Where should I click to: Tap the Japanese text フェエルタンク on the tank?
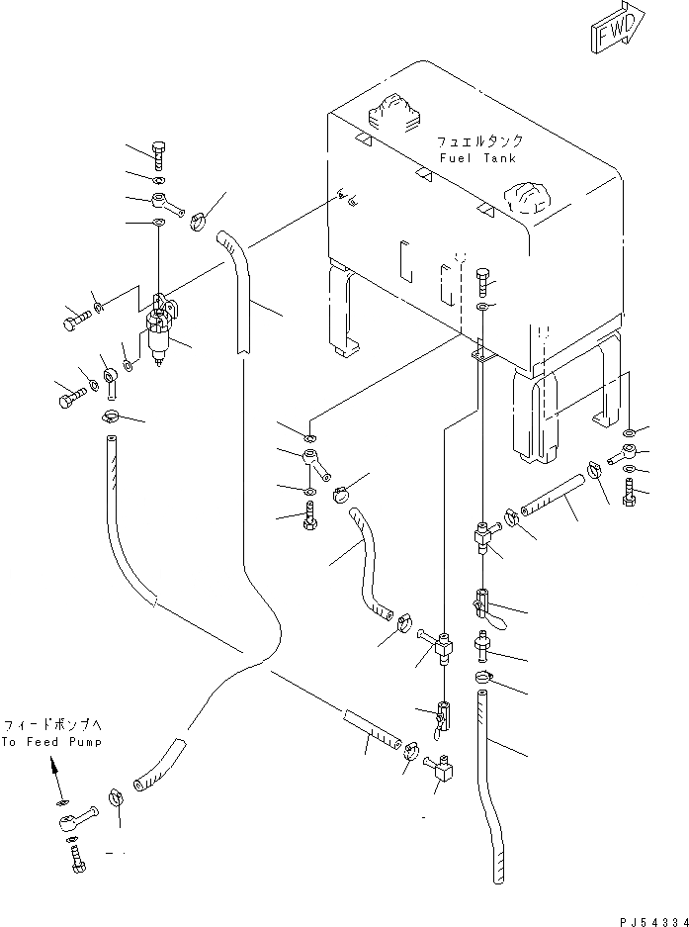(x=479, y=142)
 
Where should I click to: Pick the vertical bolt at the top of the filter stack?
(x=158, y=154)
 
